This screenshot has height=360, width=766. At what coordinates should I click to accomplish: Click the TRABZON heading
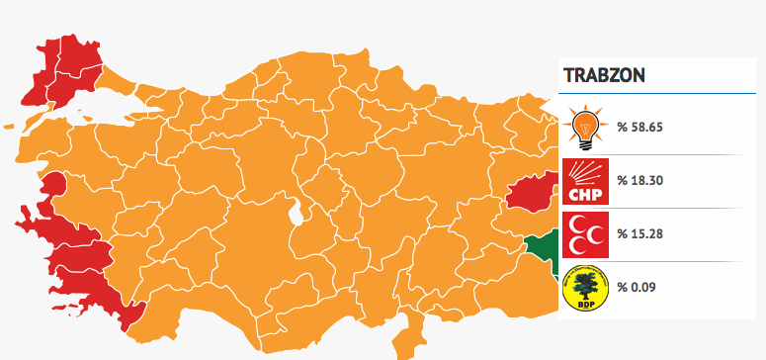tap(604, 76)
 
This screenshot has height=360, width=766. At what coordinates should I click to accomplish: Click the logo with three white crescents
tap(585, 234)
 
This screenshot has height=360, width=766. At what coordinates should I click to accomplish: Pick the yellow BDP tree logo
tap(585, 287)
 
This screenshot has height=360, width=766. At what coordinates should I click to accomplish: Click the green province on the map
tap(542, 249)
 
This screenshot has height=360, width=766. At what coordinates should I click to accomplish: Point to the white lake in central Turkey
tap(295, 211)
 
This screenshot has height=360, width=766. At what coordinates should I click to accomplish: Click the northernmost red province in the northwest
tap(79, 51)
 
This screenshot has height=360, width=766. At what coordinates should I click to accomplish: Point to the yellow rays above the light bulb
tap(585, 110)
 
